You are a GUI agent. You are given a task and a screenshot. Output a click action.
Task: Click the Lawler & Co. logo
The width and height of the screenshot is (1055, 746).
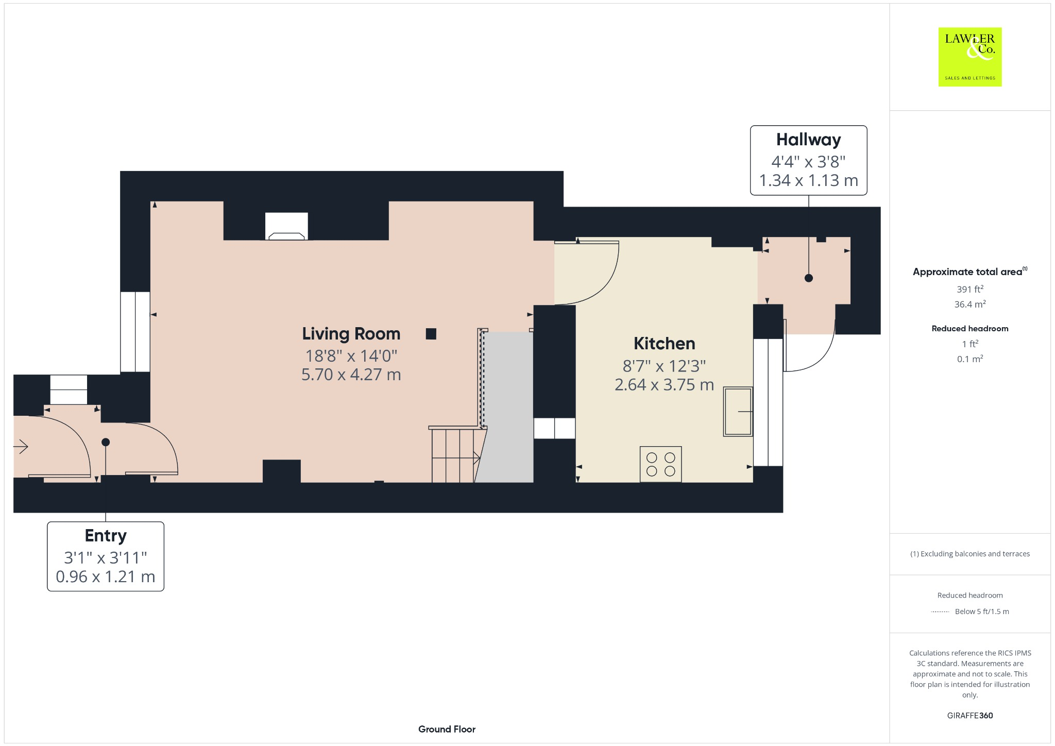969,57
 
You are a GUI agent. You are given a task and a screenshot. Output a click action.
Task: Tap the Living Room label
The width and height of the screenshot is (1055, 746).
351,334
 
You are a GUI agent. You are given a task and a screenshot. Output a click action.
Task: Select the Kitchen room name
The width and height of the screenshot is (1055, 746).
664,344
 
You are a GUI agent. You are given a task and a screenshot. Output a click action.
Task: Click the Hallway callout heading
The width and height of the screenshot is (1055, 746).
808,140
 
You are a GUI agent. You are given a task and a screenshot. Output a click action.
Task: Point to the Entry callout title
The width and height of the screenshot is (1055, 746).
106,536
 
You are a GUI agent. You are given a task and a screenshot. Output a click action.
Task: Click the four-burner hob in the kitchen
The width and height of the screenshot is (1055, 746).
660,464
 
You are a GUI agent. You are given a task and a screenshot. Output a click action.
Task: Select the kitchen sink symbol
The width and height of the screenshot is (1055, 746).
737,411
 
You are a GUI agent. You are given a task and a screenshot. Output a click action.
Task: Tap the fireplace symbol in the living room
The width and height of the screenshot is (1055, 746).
286,227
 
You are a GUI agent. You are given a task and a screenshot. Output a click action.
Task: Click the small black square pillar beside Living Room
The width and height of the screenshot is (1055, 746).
431,334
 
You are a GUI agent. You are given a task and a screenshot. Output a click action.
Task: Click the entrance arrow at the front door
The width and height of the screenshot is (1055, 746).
21,446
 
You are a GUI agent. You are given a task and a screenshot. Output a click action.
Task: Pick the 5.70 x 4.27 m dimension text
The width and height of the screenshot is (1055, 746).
351,375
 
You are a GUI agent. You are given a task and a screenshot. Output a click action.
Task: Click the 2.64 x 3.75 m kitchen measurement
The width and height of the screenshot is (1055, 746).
664,385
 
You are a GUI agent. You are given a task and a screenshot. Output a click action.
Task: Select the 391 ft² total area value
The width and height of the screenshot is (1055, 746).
969,289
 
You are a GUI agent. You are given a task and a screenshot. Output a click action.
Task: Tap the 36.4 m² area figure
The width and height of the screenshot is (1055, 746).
969,304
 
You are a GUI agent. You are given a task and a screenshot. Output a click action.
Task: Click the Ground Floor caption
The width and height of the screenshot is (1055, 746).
447,729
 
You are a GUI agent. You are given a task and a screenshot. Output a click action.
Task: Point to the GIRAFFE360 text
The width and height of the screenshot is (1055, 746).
969,715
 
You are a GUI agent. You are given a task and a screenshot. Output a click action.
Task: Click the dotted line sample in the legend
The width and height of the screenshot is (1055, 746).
940,612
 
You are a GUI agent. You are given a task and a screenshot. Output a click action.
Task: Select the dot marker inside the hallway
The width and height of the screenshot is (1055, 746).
808,278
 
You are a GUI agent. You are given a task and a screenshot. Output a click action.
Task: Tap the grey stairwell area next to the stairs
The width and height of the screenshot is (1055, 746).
507,407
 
